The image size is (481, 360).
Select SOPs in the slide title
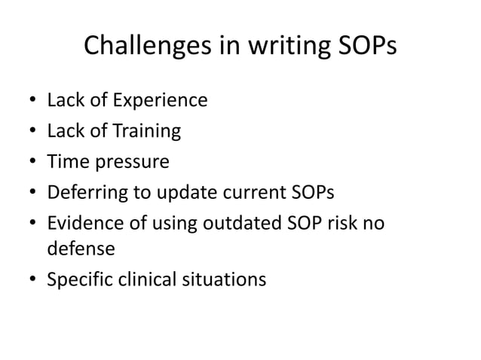pos(360,46)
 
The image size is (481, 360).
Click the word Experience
pos(161,100)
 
